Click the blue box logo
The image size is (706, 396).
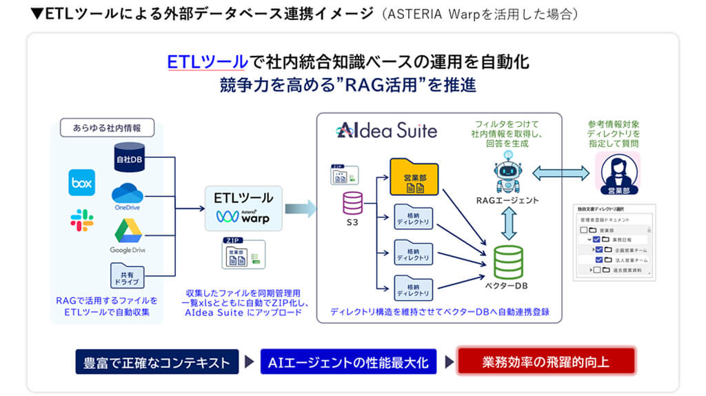[x=81, y=183]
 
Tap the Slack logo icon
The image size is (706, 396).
[x=81, y=220]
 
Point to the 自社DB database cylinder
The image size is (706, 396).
[x=127, y=158]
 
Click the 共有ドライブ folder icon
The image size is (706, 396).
[x=127, y=275]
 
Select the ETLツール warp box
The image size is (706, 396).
[x=244, y=207]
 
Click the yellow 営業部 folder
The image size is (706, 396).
[x=414, y=175]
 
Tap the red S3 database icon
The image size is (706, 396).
[x=353, y=203]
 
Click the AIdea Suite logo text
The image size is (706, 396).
[x=386, y=130]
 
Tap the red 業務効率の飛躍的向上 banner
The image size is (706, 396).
[x=545, y=361]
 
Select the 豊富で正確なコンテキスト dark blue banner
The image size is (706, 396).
[x=157, y=362]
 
